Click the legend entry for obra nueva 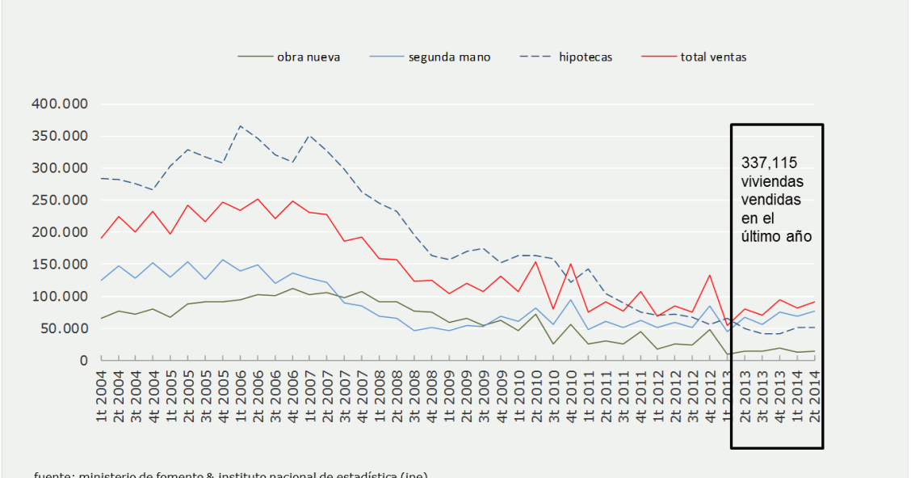308,57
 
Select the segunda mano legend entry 449,57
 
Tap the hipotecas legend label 585,57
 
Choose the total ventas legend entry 713,57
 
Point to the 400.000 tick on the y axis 59,104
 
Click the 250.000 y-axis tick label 59,201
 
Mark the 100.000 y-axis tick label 59,296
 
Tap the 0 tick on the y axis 82,360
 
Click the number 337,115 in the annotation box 768,163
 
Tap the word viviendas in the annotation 772,182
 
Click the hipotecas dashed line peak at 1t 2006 241,126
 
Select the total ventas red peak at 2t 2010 536,261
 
